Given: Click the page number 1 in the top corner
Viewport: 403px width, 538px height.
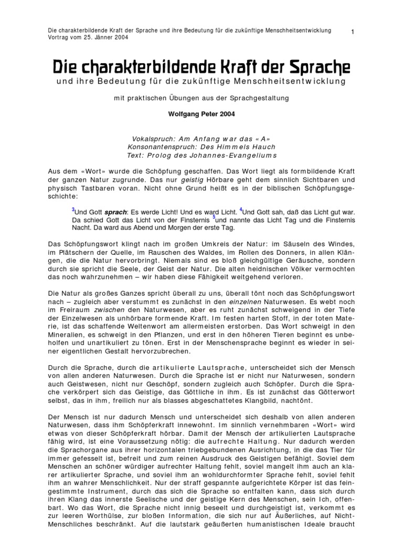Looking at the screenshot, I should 353,33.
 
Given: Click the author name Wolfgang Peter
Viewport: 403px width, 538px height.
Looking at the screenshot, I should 192,113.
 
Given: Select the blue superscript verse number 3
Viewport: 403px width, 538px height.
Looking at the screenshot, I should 73,209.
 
